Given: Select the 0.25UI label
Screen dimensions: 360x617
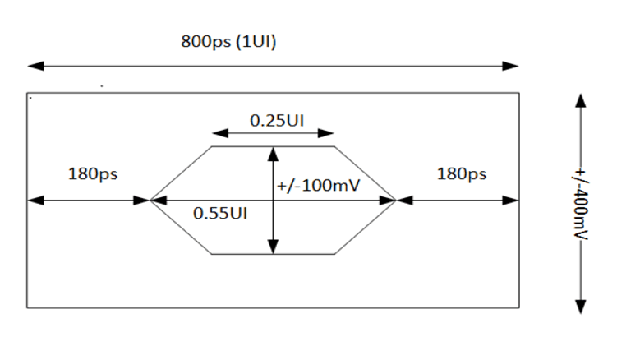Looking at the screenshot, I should coord(277,120).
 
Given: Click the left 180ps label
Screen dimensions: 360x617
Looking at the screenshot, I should coord(92,174).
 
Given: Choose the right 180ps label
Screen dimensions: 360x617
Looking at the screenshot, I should coord(460,174).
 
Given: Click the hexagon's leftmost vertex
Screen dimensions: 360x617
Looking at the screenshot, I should coord(150,200).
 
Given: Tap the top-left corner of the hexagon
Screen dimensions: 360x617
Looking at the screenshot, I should coord(212,146).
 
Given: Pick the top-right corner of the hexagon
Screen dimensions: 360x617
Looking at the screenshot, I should coord(334,146).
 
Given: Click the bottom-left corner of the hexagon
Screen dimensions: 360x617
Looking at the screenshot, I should coord(212,254).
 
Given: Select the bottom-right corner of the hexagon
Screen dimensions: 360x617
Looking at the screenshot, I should coord(334,254).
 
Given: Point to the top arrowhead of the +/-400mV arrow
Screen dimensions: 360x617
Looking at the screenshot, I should coord(580,99).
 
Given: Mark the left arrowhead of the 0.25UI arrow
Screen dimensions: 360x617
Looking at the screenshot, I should coord(217,132).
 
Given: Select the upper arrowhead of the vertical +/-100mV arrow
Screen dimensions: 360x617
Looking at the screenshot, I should coord(272,152).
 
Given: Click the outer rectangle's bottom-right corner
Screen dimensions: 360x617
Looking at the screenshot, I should coord(519,308).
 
